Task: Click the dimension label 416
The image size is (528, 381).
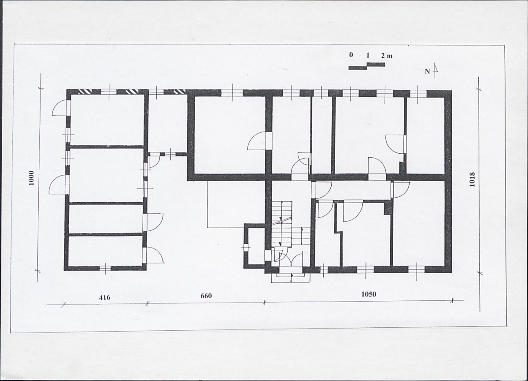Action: coord(104,297)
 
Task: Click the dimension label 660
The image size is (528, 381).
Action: coord(206,296)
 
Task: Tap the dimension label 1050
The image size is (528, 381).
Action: coord(369,294)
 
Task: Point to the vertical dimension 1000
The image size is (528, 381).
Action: coord(31,178)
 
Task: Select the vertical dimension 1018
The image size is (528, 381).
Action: coord(472,180)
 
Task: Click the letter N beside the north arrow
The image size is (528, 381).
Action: coord(427,72)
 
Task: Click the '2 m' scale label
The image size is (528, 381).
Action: coord(387,56)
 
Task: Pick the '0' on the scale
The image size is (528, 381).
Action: coord(351,55)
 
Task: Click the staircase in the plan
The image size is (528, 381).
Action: coord(286,224)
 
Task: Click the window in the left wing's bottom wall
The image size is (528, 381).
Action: coord(105,268)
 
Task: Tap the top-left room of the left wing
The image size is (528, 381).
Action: coord(107,119)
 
